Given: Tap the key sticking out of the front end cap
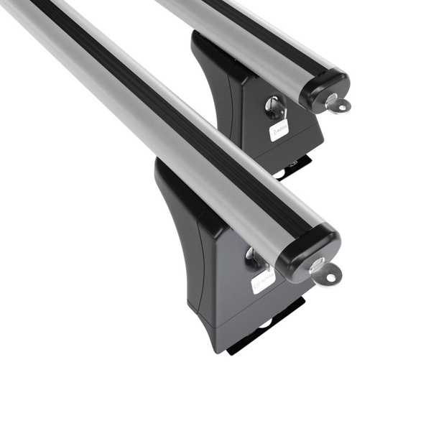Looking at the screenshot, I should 326,272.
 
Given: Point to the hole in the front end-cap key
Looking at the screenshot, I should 331,275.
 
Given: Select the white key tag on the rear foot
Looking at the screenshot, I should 279,129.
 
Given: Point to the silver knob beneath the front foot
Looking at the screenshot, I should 264,323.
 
